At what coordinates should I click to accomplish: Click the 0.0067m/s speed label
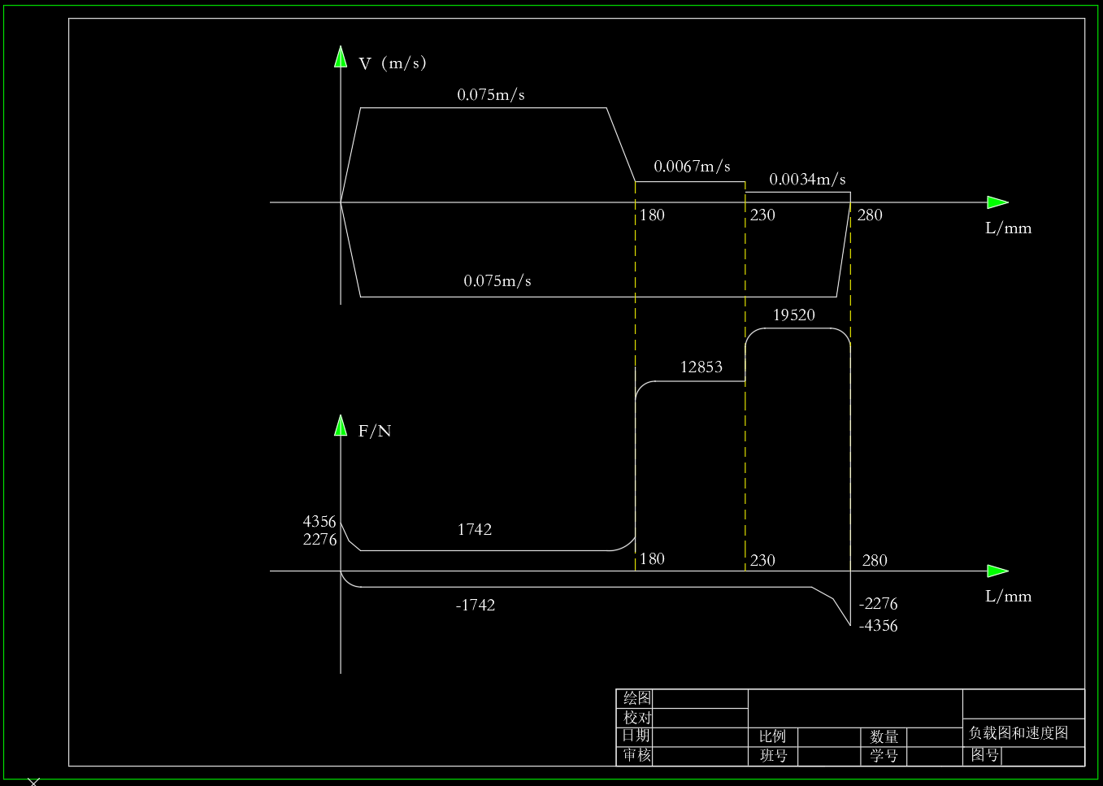tap(692, 167)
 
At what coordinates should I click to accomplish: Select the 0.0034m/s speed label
tap(807, 180)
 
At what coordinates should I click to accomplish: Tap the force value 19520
tap(793, 315)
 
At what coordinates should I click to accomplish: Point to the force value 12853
tap(701, 367)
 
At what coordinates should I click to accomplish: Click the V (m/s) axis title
tap(392, 63)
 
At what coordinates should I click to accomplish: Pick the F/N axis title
tap(375, 432)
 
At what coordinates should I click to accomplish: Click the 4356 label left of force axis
tap(319, 522)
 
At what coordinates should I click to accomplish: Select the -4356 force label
tap(878, 626)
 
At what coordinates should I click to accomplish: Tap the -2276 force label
tap(878, 604)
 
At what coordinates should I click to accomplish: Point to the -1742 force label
tap(476, 606)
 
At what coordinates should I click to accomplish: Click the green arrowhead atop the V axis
tap(341, 57)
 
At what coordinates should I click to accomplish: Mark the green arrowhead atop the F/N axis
tap(341, 425)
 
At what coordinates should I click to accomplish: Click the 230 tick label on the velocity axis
tap(762, 215)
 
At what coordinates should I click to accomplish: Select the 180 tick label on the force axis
tap(652, 559)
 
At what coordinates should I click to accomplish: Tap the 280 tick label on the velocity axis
tap(870, 215)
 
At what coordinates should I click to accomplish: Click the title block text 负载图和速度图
tap(1018, 733)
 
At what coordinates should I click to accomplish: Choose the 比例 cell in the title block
tap(772, 736)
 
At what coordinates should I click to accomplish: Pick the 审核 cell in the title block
tap(637, 755)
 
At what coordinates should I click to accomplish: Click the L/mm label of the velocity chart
tap(1008, 228)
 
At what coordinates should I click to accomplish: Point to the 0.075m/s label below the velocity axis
tap(497, 281)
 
